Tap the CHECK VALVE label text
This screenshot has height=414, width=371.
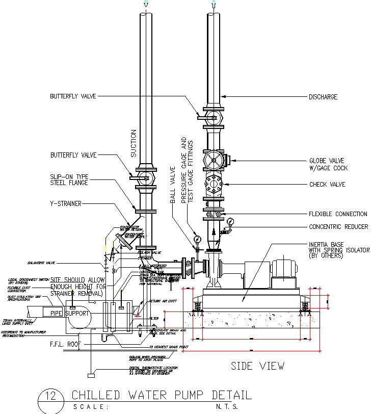click(x=327, y=184)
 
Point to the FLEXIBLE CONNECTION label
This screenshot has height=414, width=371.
click(x=337, y=214)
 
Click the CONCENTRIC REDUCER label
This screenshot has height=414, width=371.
click(x=338, y=227)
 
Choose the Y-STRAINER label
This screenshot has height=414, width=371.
click(x=66, y=203)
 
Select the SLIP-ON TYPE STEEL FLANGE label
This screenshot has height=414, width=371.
click(x=69, y=179)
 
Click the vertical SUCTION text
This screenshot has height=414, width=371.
click(x=134, y=143)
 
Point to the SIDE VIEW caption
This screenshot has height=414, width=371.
click(x=257, y=366)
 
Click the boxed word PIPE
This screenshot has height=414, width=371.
click(x=51, y=312)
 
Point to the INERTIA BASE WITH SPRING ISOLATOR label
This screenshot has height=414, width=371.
click(x=337, y=250)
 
